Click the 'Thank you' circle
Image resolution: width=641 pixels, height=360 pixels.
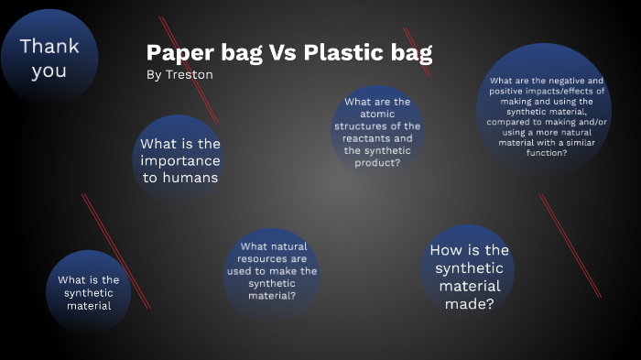tap(49, 57)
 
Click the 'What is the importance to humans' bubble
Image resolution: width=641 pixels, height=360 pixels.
tap(180, 161)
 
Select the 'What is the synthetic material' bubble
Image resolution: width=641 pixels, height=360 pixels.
tap(89, 292)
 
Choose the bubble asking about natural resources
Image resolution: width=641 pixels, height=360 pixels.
tap(272, 271)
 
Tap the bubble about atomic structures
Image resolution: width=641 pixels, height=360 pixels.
tap(377, 132)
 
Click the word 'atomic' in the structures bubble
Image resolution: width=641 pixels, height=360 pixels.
tap(377, 114)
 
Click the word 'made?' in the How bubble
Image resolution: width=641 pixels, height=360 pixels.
tap(470, 303)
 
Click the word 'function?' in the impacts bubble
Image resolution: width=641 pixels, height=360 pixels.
tap(547, 153)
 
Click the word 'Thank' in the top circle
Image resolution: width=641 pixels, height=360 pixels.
tap(49, 46)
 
